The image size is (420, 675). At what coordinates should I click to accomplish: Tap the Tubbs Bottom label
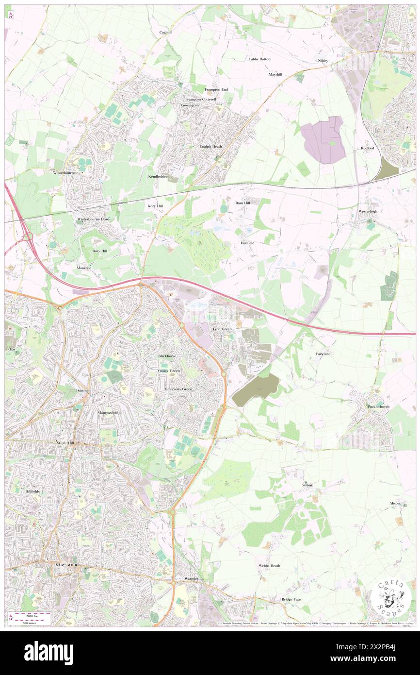(260, 59)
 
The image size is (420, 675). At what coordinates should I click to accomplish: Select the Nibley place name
(323, 60)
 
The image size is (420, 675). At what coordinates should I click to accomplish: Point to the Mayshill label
(275, 74)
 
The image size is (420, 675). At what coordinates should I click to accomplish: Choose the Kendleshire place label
(158, 177)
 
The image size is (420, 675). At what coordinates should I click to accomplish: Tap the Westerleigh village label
(368, 212)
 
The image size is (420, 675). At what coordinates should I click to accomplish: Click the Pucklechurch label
(379, 406)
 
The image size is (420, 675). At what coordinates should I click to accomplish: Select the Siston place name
(307, 485)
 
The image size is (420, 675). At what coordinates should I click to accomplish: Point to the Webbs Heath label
(269, 566)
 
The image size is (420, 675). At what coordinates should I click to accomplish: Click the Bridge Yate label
(291, 600)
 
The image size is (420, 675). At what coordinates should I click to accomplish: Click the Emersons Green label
(178, 389)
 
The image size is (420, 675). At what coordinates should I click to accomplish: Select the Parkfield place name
(323, 354)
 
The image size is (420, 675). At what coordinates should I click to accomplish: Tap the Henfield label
(247, 242)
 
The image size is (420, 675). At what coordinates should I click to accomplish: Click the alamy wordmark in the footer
(48, 653)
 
